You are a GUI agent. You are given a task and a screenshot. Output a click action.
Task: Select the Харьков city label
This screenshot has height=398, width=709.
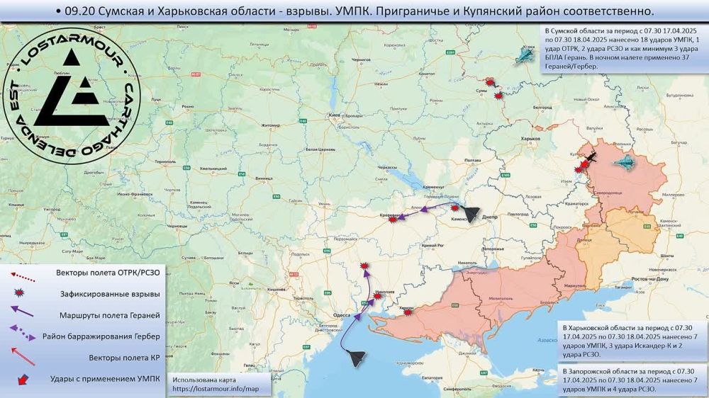[530, 139]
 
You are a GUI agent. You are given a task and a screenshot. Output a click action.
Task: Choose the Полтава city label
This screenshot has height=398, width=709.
[473, 161]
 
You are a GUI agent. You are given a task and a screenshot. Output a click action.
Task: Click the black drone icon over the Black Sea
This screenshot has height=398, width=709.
[357, 358]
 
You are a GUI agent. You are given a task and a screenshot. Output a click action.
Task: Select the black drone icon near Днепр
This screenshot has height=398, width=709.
[471, 212]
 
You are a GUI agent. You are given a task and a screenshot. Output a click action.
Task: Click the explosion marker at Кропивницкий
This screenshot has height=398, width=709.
[393, 220]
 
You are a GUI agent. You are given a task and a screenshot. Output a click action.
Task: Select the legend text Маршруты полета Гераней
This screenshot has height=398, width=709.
[108, 314]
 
